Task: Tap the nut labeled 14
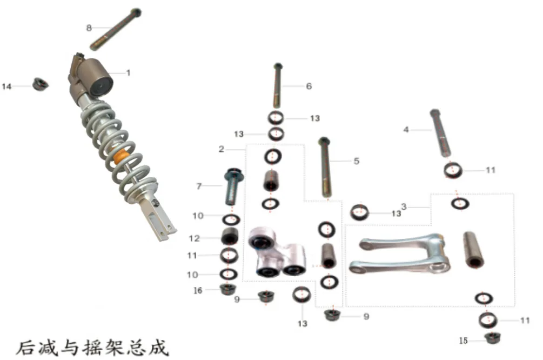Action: (x=40, y=84)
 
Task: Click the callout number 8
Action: (x=89, y=28)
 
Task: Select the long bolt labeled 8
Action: (x=116, y=29)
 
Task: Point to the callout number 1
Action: (x=128, y=73)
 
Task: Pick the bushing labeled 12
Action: (x=230, y=237)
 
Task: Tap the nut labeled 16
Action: (x=228, y=289)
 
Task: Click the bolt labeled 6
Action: (x=277, y=85)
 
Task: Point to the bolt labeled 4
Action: (x=440, y=133)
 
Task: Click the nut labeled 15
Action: (x=492, y=338)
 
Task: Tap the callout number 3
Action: (x=404, y=207)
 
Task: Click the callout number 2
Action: (x=222, y=149)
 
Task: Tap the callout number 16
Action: (x=198, y=291)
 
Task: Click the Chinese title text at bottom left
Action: (x=92, y=348)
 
